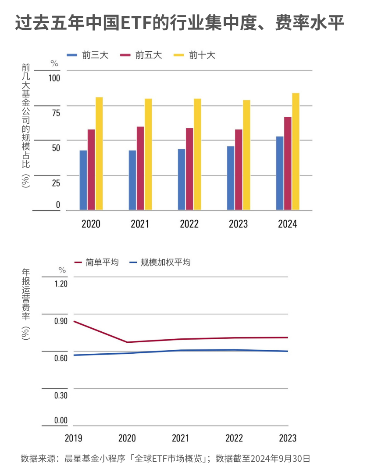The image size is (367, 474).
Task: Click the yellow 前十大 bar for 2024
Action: [x=296, y=151]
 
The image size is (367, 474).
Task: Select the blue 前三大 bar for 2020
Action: [x=83, y=180]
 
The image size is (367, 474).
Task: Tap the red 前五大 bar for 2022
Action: [x=189, y=169]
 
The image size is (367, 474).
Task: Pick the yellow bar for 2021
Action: [x=148, y=154]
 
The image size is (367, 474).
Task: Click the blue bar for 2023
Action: [x=231, y=178]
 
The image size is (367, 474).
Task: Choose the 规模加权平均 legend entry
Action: [x=160, y=262]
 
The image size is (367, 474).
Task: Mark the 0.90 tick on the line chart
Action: [x=61, y=321]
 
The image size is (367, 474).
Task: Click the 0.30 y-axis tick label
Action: [x=61, y=395]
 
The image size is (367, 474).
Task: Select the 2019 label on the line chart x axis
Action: [x=73, y=438]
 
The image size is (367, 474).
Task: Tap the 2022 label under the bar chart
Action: [x=189, y=224]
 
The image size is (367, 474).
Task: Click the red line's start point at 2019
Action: [x=74, y=321]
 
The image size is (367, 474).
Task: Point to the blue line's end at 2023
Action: [x=288, y=351]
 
